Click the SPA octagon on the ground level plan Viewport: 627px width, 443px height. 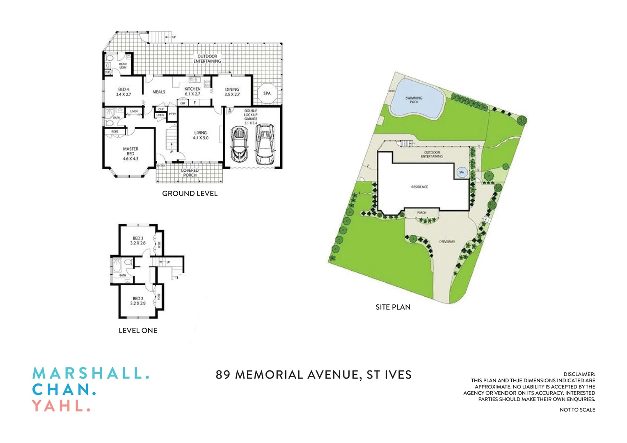[267, 94]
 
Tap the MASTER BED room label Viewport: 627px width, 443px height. [130, 153]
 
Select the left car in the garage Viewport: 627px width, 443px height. [239, 144]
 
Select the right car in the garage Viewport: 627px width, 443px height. [265, 144]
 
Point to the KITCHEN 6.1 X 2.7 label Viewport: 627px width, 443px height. [192, 91]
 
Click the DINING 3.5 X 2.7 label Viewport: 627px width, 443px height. [232, 92]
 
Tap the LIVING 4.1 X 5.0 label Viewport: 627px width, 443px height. [201, 135]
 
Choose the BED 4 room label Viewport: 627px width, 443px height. [124, 92]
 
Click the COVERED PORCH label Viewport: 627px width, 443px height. [190, 173]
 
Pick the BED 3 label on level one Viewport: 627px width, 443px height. [138, 240]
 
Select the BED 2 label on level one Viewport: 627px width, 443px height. [138, 301]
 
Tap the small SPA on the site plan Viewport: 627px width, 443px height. [462, 172]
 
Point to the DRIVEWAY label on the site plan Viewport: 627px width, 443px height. [447, 242]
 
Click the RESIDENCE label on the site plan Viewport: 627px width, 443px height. [419, 187]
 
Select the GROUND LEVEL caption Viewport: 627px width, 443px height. [190, 194]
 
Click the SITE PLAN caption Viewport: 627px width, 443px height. [393, 307]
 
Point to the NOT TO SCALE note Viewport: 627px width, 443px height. [577, 410]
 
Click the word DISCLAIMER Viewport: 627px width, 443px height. [579, 374]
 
